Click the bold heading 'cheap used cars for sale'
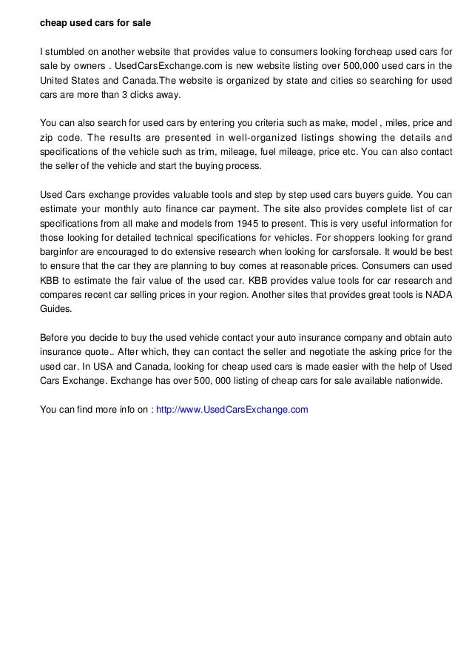click(x=95, y=24)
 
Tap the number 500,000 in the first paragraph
click(x=357, y=67)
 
